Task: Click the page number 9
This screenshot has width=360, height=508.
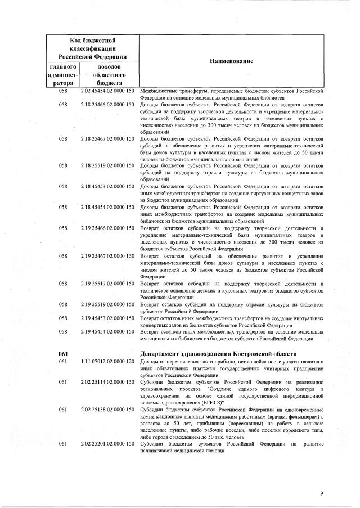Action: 322,493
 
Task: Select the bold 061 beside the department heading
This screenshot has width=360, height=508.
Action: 64,353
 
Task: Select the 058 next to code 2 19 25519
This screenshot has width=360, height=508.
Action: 64,304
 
